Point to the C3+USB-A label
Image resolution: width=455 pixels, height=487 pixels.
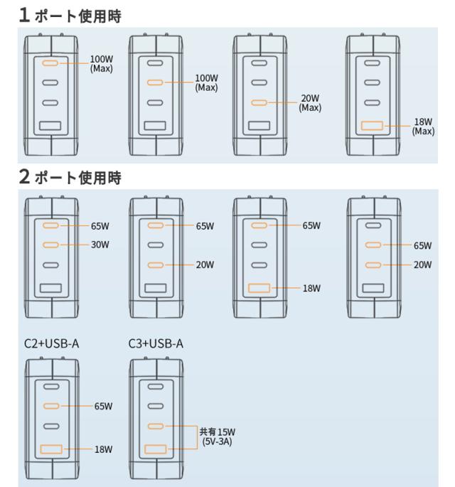coord(154,343)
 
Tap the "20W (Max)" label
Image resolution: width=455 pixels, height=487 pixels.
coord(310,104)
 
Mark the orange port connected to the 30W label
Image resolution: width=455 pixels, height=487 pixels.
coord(50,245)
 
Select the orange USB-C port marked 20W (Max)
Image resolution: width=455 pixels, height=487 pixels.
coord(259,103)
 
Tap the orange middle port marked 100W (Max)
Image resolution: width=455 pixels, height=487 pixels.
coord(155,83)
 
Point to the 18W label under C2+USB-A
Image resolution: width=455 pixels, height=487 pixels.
coord(103,449)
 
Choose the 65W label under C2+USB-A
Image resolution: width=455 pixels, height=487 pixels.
coord(103,407)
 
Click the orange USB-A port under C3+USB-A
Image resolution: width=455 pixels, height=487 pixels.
coord(155,449)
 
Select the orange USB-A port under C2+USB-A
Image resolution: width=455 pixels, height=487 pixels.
coord(50,449)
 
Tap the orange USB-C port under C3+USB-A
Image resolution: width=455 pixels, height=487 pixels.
coord(155,426)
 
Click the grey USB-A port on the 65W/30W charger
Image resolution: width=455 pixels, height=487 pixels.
coord(50,289)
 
